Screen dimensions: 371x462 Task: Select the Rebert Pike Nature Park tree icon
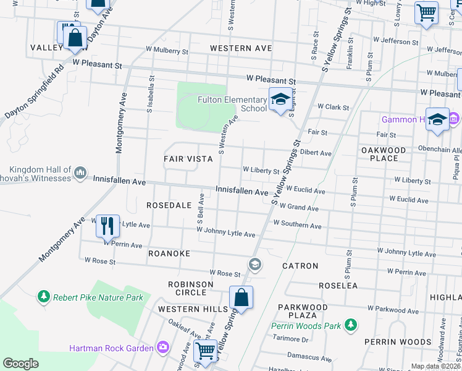pos(44,297)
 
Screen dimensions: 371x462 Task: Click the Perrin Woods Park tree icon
pos(351,325)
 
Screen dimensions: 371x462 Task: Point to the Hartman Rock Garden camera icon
pos(162,348)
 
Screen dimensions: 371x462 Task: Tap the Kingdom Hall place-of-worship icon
pos(80,174)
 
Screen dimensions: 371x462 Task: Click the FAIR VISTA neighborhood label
pos(188,159)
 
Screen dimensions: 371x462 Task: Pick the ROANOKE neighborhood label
pos(169,254)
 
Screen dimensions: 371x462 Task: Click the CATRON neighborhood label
pos(300,266)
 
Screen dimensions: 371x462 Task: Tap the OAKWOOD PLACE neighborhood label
pos(384,154)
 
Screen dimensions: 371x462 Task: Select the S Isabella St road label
pos(149,94)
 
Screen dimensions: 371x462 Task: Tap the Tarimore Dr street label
pos(291,339)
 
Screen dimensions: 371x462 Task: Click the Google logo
pos(21,364)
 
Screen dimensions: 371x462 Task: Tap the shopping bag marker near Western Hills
pos(241,297)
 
